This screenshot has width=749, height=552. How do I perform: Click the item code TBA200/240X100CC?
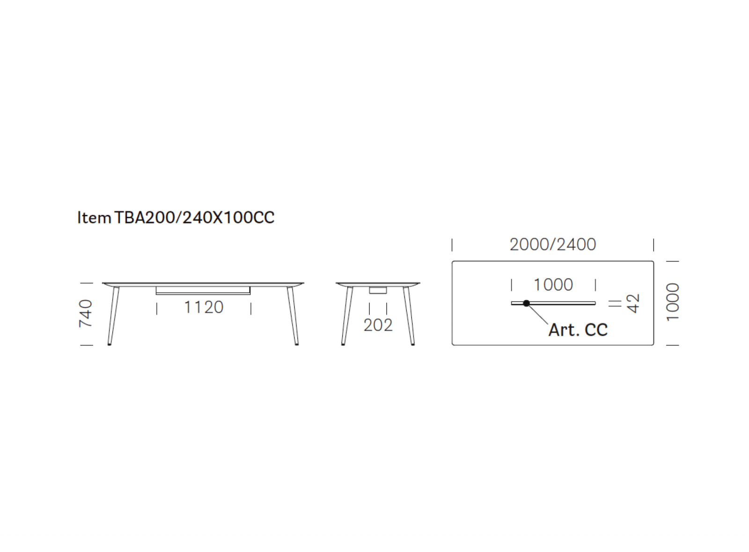coord(194,218)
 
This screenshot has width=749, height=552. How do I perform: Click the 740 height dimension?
coord(86,313)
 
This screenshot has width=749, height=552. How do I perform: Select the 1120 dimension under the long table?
coord(204,307)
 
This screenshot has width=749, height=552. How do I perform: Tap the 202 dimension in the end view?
coord(378,325)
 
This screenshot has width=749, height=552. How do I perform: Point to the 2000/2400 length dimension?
coord(553,244)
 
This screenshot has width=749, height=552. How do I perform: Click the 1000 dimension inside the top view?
coord(553,285)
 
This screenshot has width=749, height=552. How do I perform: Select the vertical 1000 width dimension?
coord(673,302)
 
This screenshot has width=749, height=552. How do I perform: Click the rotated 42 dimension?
coord(632,303)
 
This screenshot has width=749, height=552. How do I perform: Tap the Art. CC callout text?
coord(578,330)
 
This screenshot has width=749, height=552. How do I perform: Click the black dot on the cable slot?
coord(526,303)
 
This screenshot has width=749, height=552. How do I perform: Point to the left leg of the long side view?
coord(113,316)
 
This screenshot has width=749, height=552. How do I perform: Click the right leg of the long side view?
coord(293,316)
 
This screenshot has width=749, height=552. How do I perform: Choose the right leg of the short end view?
coord(409,316)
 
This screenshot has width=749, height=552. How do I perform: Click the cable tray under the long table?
coord(203,291)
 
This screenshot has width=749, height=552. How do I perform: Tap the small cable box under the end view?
coord(378,290)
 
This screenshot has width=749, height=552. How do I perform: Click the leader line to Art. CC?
coord(537,314)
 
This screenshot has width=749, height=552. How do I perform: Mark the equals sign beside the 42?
coord(615,303)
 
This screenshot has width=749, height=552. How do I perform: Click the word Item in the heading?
coord(94,218)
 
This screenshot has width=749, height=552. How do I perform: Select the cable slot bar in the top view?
coord(553,303)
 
